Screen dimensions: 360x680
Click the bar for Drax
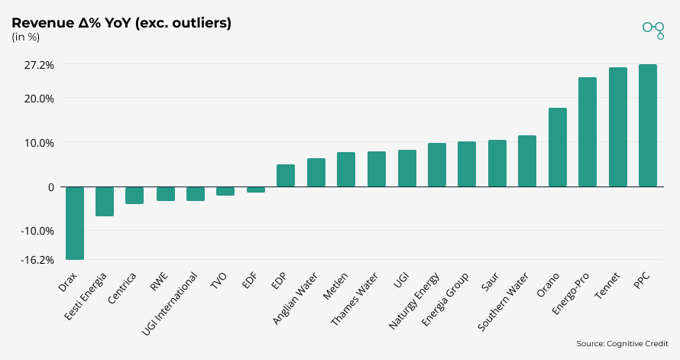[x=75, y=223]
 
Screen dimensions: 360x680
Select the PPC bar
[x=648, y=125]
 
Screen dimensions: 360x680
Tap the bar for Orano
[x=558, y=148]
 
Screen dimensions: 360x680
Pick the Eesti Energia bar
[x=105, y=201]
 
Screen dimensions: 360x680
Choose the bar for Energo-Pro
[x=588, y=132]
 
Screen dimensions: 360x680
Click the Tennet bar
[x=618, y=127]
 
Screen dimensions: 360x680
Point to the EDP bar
[x=286, y=176]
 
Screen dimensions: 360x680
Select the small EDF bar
[x=256, y=190]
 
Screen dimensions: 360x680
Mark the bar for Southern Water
[x=527, y=161]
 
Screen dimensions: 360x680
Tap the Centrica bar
[x=134, y=195]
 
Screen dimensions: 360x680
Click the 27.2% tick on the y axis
[x=39, y=65]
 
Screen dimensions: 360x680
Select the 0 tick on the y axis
[x=50, y=186]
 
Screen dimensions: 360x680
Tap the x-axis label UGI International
[x=172, y=303]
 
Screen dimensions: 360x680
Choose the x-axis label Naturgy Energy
[x=415, y=300]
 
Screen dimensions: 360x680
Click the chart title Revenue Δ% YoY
[x=121, y=23]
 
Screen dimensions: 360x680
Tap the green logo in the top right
[x=653, y=29]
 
